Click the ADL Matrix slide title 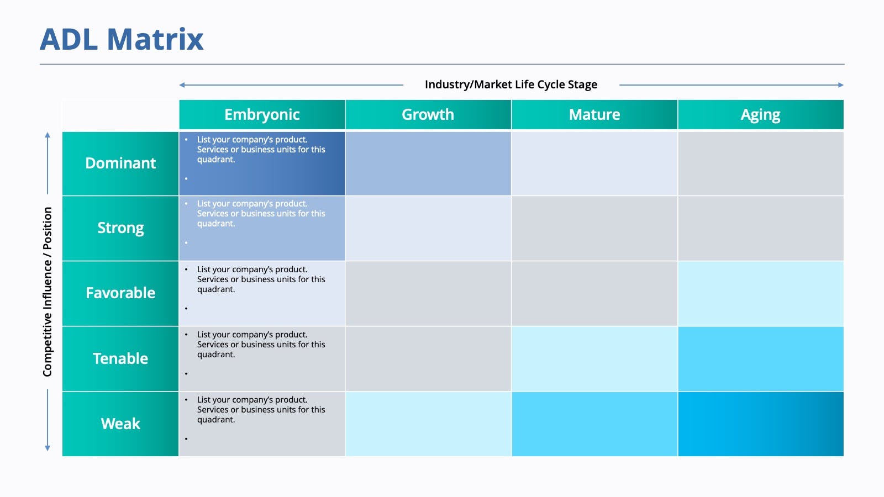pos(122,40)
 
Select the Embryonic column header pos(262,114)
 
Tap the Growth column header pos(428,114)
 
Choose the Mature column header pos(594,114)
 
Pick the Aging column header pos(760,115)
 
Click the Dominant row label pos(120,163)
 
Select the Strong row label pos(120,228)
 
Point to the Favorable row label pos(120,293)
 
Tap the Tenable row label pos(120,358)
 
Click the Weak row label pos(120,424)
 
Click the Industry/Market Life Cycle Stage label pos(511,84)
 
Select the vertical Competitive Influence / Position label pos(48,292)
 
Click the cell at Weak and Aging pos(760,424)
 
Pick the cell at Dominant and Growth pos(428,163)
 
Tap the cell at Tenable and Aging pos(760,358)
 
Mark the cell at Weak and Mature pos(594,424)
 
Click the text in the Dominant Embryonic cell pos(261,150)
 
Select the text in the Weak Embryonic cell pos(261,410)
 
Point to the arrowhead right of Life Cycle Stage pos(840,85)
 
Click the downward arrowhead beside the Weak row pos(48,448)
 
